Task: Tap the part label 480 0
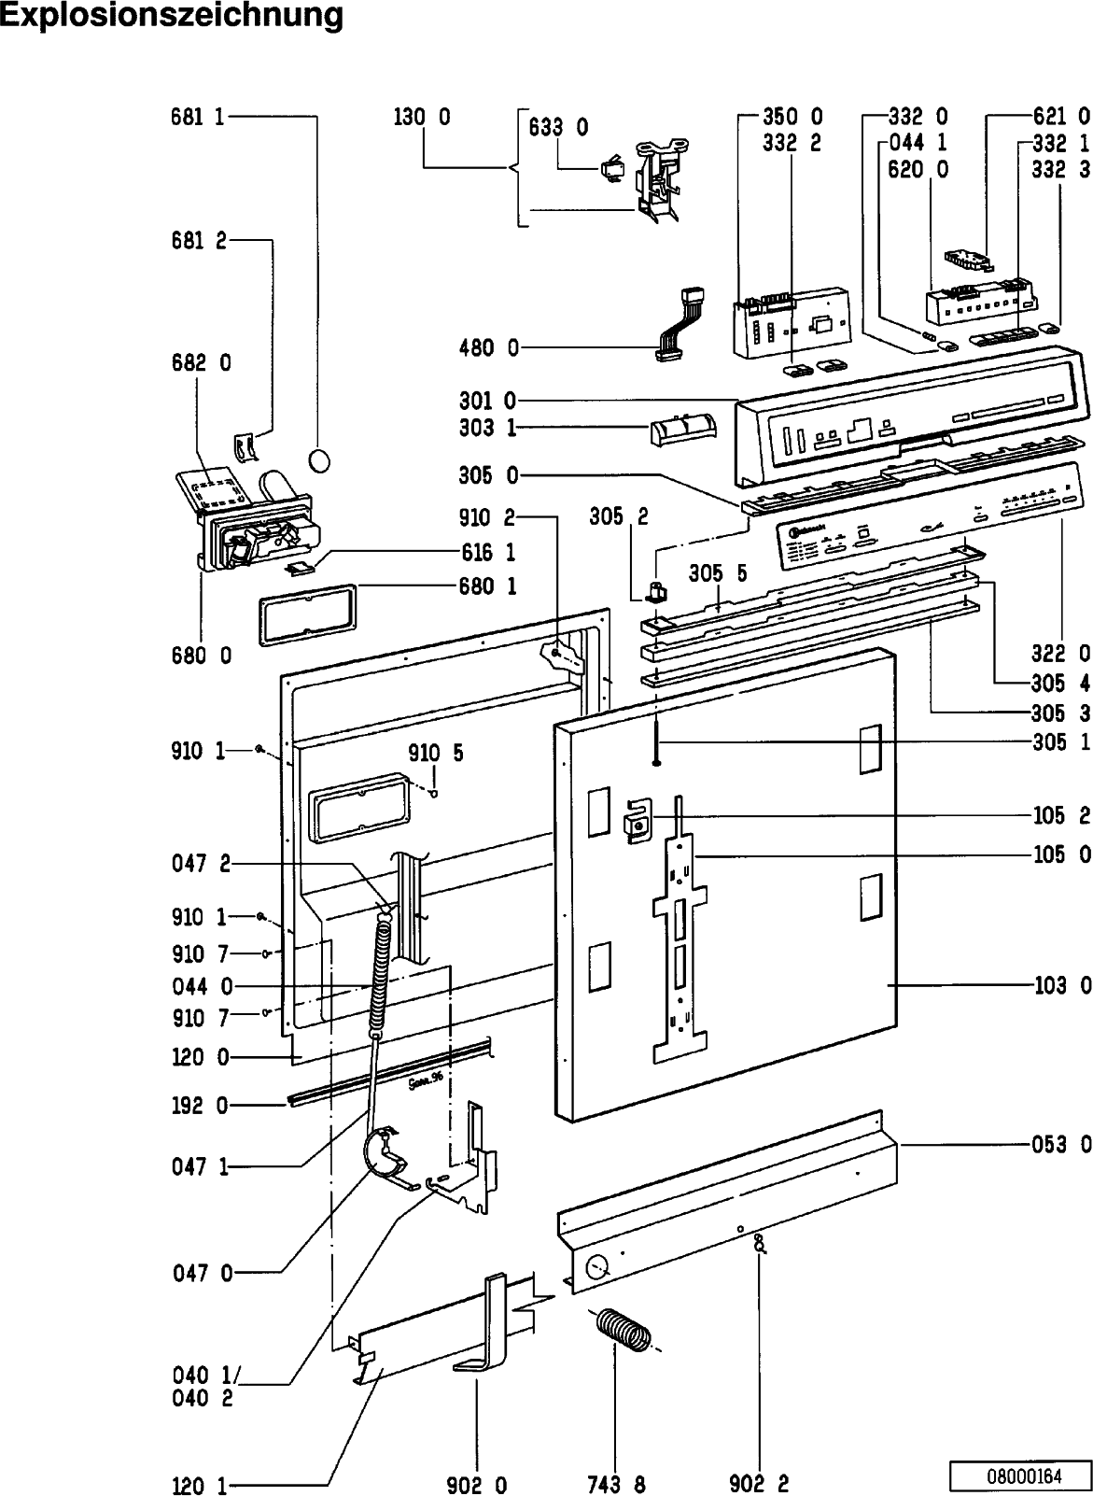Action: point(488,348)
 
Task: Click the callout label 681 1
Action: point(197,117)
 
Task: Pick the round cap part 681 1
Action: point(319,460)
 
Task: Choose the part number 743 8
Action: point(615,1483)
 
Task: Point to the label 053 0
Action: point(1062,1143)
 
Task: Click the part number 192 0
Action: point(199,1106)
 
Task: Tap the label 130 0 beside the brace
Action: point(422,117)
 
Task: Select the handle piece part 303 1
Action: point(684,432)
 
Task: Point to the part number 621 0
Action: point(1062,117)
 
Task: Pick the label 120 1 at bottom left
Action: point(199,1485)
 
